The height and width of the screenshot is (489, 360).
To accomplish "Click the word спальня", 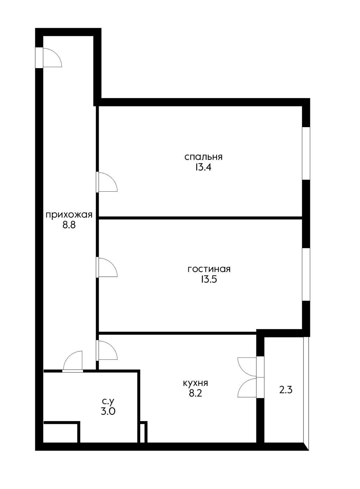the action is pos(203,157).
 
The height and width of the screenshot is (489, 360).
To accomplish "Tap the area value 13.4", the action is pos(203,167).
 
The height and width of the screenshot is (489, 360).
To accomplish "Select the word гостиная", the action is pos(209,269).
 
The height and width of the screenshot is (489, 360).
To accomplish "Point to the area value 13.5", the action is pos(209,279).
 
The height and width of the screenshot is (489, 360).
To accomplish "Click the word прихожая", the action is pos(69,215).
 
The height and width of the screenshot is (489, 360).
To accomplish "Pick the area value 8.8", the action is pos(69,225).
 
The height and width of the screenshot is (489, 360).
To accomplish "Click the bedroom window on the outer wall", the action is pos(306,153).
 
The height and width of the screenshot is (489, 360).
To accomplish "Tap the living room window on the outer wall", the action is pos(306,274).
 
